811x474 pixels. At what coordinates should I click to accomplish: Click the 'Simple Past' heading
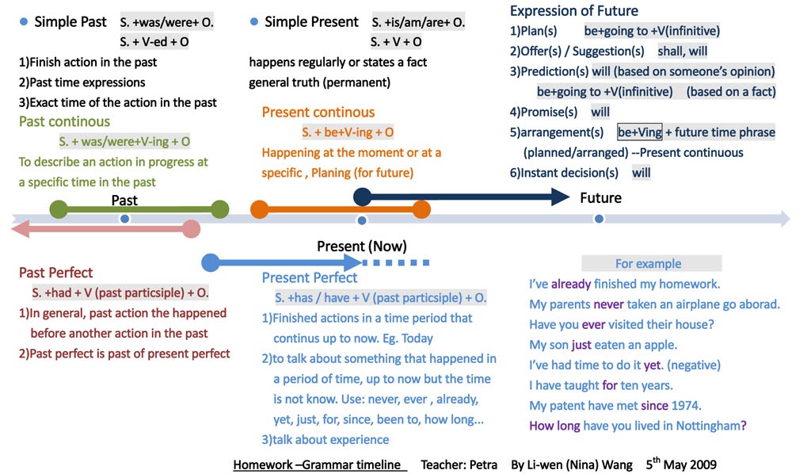coord(70,22)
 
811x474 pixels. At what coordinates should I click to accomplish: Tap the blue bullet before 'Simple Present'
coord(253,22)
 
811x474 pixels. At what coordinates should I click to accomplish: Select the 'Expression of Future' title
coord(573,11)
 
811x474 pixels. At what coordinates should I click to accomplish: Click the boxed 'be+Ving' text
coord(639,132)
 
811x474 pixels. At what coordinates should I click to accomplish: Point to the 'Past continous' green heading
coord(64,121)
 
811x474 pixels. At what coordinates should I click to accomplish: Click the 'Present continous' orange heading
coord(318,113)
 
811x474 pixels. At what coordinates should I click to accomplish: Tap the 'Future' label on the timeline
coord(600,197)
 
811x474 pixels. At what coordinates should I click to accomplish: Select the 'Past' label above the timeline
coord(124,201)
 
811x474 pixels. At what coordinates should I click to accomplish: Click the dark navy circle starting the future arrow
coord(362,197)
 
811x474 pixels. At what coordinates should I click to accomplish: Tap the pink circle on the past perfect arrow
coord(191,229)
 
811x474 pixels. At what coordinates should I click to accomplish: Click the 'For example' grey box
coord(651,263)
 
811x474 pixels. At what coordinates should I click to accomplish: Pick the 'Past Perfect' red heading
coord(55,273)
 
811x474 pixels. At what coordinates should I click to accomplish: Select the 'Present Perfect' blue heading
coord(309,277)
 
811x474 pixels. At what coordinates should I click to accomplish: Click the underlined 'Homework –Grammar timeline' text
coord(319,464)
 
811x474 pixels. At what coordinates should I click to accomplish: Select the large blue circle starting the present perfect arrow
coord(211,262)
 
